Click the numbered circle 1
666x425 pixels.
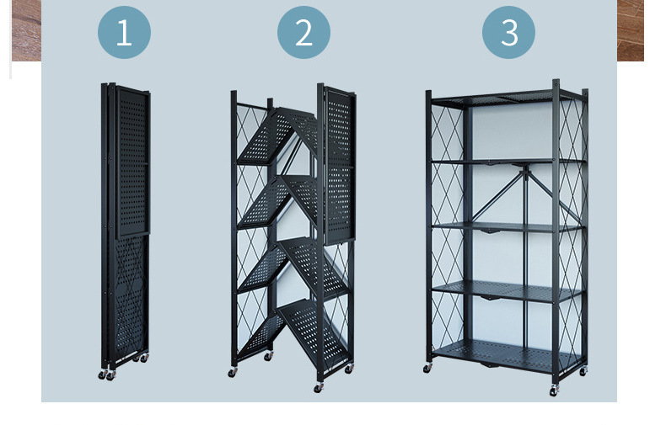click(124, 32)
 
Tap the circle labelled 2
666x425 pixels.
click(303, 32)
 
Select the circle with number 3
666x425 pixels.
click(508, 32)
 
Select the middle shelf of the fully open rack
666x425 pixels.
click(508, 227)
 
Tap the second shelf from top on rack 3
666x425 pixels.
click(508, 162)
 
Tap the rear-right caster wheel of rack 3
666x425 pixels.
click(583, 371)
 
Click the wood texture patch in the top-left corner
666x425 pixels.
click(26, 30)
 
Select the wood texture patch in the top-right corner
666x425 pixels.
click(631, 30)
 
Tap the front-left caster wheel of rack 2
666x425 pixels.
click(233, 373)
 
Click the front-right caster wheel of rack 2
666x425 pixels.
click(318, 387)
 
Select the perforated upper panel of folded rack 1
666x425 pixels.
click(133, 162)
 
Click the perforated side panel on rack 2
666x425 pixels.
click(340, 166)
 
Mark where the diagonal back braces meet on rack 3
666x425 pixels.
click(526, 171)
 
